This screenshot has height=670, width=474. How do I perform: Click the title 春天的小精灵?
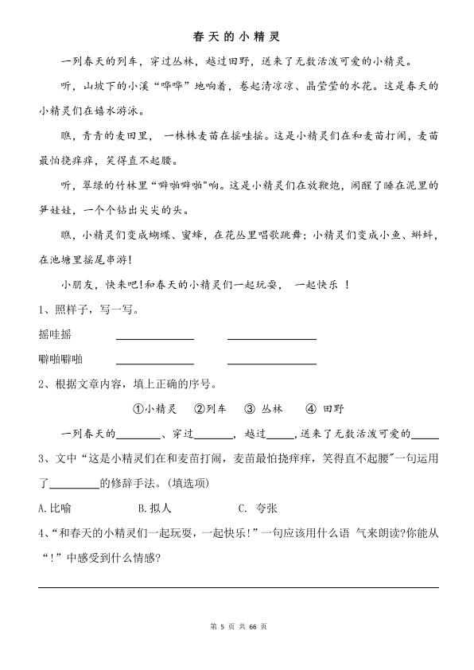237,37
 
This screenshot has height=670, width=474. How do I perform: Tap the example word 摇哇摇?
54,334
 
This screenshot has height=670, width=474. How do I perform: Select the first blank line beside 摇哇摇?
154,338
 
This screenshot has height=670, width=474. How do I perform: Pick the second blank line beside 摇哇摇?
271,338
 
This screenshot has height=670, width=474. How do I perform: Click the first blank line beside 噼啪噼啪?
154,363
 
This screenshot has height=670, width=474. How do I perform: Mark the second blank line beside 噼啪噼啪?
271,363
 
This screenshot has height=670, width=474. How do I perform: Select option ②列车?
210,409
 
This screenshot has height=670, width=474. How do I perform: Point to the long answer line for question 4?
238,586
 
